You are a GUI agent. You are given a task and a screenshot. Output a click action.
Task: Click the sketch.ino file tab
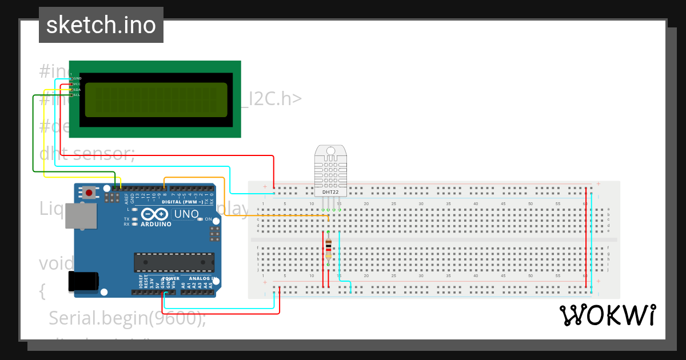101,25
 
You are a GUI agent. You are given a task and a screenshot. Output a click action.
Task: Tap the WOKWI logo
607,315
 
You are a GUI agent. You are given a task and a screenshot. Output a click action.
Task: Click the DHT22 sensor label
330,192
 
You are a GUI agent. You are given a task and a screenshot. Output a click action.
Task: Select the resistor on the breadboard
328,249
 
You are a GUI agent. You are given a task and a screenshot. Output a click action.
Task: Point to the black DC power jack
83,282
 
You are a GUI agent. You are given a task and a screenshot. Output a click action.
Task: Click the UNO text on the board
186,215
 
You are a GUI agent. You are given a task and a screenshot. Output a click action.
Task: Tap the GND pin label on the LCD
77,78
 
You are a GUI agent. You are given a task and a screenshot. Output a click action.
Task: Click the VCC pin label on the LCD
77,83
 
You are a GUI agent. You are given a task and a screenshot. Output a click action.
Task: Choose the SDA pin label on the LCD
77,89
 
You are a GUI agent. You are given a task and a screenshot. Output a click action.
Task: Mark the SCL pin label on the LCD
77,95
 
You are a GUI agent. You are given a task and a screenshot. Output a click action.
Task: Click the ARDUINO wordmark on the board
156,224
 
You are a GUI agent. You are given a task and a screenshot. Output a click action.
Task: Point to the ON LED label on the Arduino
208,219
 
